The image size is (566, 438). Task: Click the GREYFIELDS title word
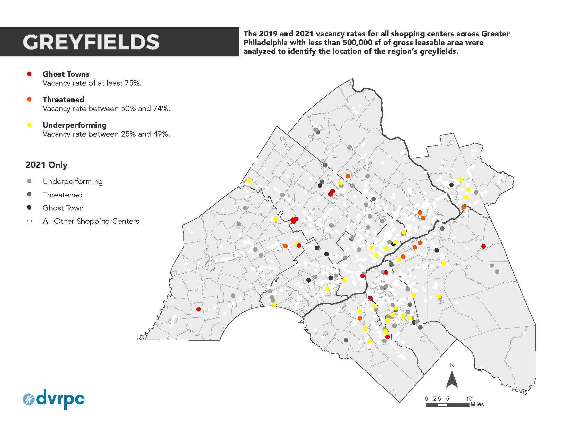pyautogui.click(x=91, y=42)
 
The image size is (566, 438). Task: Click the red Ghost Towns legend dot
pyautogui.click(x=30, y=74)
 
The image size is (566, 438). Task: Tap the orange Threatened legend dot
pyautogui.click(x=30, y=99)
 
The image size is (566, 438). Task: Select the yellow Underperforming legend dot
pyautogui.click(x=30, y=125)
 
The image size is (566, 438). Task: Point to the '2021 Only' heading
pyautogui.click(x=46, y=165)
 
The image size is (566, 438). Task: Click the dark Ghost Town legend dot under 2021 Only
pyautogui.click(x=30, y=208)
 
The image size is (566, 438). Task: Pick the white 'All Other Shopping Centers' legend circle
pyautogui.click(x=30, y=221)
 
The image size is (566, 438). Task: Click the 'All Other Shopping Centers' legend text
pyautogui.click(x=91, y=221)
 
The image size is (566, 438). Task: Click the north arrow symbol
pyautogui.click(x=452, y=379)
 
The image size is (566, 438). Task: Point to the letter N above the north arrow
pyautogui.click(x=452, y=365)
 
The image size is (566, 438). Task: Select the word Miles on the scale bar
pyautogui.click(x=477, y=405)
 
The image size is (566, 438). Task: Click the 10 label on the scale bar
pyautogui.click(x=469, y=399)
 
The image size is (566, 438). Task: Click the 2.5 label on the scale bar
pyautogui.click(x=437, y=399)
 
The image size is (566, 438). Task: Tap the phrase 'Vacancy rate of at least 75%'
pyautogui.click(x=92, y=83)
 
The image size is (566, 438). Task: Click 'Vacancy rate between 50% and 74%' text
pyautogui.click(x=106, y=108)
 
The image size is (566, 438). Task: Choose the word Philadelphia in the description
pyautogui.click(x=266, y=43)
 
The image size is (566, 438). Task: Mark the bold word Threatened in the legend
pyautogui.click(x=64, y=100)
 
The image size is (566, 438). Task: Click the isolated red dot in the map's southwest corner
pyautogui.click(x=199, y=309)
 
